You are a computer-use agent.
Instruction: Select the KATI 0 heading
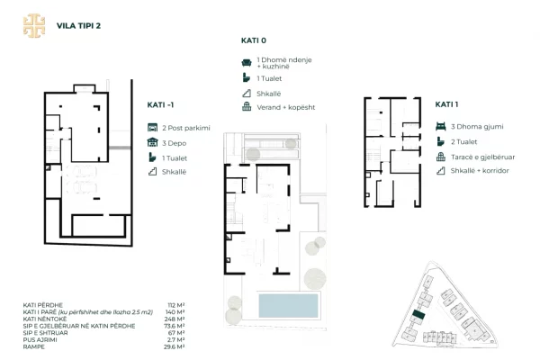[254, 40]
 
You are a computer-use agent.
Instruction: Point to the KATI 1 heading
[447, 104]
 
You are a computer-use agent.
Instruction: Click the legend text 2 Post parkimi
[184, 127]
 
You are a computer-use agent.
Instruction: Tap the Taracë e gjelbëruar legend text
[482, 156]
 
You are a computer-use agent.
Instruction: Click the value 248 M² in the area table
[175, 319]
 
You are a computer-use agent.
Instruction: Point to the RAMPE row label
[33, 346]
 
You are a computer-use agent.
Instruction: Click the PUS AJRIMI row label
[40, 339]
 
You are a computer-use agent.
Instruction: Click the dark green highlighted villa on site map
[416, 316]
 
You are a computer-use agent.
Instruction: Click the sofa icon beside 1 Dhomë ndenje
[246, 62]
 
